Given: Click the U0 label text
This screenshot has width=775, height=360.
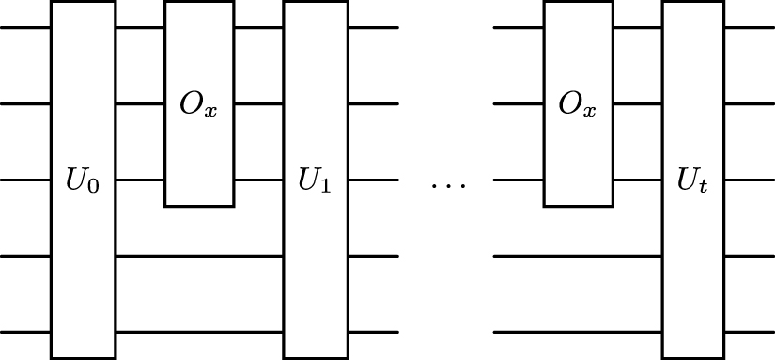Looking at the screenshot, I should coord(83,180).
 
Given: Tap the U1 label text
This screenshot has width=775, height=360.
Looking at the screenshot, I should coord(315,180).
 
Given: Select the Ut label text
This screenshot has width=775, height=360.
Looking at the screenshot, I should coord(693,180).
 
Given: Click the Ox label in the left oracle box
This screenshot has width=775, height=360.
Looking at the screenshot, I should coord(198,104).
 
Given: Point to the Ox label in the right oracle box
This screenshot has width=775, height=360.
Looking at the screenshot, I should coord(577,104).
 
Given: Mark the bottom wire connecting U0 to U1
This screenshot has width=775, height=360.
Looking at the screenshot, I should coord(199,332).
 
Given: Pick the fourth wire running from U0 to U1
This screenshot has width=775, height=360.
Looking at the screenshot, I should coord(199,256).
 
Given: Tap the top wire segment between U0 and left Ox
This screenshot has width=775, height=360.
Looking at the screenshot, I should coord(140,27).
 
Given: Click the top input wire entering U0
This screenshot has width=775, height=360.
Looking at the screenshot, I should coord(25,27).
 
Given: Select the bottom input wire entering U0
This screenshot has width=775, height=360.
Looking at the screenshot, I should coord(25,332).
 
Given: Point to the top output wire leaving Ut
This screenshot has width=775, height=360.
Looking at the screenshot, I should coord(750,27).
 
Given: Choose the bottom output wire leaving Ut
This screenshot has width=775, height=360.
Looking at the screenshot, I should coord(750,332).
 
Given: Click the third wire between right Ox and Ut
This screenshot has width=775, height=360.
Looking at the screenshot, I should coord(636,180).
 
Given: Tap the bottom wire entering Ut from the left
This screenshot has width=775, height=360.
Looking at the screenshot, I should coord(578,332).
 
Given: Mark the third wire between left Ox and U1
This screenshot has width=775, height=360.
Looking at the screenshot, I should coord(258,180).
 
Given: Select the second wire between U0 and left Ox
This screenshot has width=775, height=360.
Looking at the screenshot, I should coord(140,103).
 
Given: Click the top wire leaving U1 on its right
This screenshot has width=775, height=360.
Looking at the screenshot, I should coord(373,27).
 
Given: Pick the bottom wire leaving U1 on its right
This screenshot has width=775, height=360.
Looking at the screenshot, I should coord(373,332).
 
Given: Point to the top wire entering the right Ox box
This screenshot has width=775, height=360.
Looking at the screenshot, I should coord(519,27).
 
